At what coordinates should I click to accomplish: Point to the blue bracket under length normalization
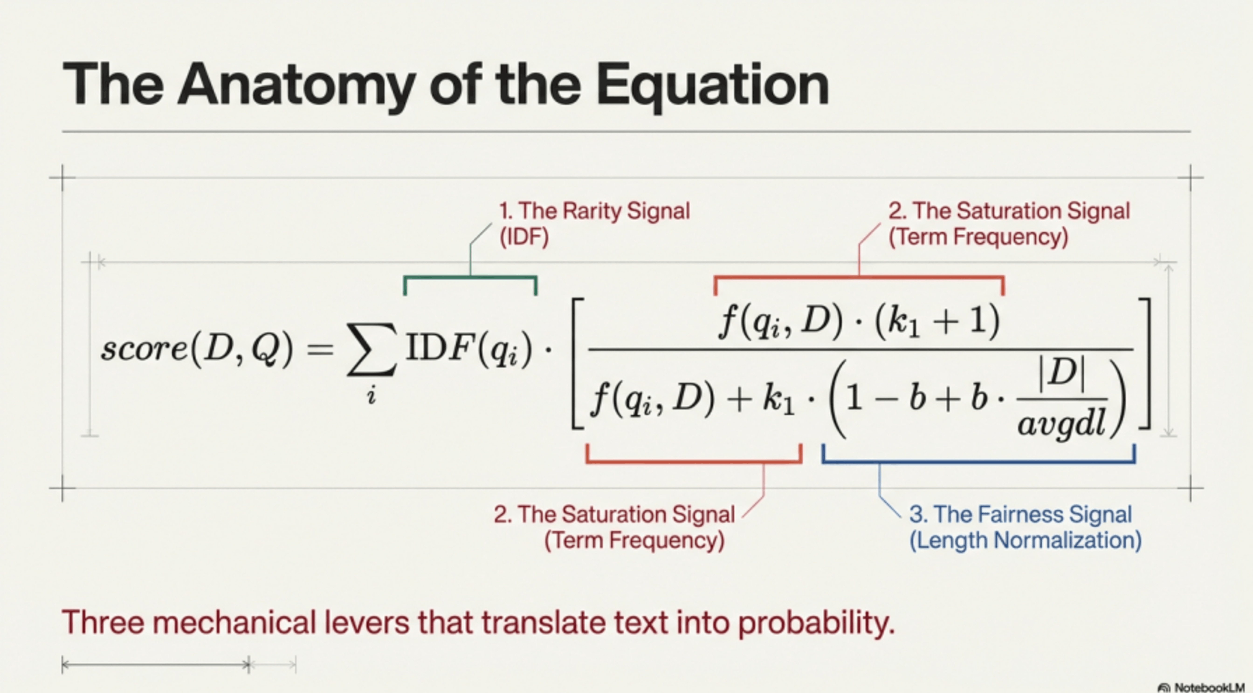tap(979, 460)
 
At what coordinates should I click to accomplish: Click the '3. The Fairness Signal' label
tap(1020, 514)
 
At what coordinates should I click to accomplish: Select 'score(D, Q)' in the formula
tap(197, 349)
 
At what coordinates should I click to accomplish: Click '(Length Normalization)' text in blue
tap(1025, 540)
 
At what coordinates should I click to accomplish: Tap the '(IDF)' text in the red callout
tap(524, 237)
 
